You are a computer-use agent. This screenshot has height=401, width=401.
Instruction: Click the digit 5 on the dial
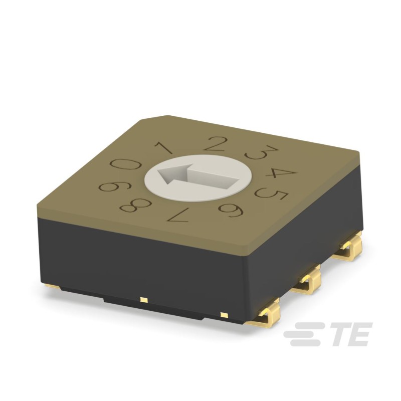click(x=271, y=193)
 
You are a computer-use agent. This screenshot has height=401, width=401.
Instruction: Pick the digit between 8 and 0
click(x=113, y=186)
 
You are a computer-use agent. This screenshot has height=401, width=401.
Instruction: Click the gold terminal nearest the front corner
click(x=264, y=313)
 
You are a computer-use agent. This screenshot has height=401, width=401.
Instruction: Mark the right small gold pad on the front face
click(x=223, y=315)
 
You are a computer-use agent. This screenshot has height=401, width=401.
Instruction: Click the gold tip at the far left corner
click(x=52, y=287)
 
